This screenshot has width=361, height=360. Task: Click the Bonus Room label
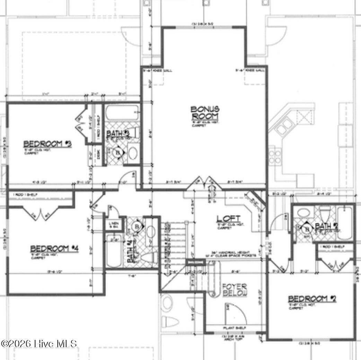click(x=205, y=113)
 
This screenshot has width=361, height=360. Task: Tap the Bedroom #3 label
click(x=47, y=143)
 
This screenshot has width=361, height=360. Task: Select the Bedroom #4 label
click(x=55, y=248)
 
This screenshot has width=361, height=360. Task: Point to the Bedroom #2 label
click(x=312, y=299)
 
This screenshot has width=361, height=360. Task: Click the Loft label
click(x=228, y=219)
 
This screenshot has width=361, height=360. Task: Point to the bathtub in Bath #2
click(x=345, y=222)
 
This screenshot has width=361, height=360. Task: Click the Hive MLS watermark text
click(x=39, y=343)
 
